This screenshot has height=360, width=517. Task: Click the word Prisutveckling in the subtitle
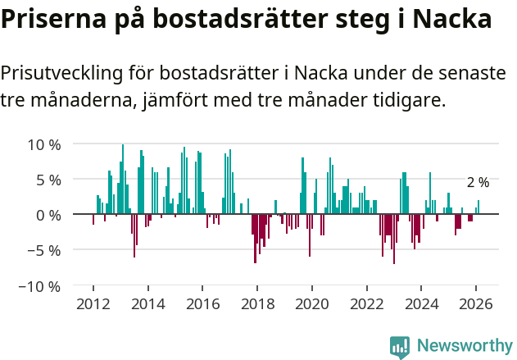[x=62, y=72]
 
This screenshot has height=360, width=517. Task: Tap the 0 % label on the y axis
[x=48, y=215]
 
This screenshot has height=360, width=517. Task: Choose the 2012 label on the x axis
[x=93, y=303]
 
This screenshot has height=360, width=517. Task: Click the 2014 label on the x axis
[x=147, y=303]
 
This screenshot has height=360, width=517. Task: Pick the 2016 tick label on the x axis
[x=202, y=303]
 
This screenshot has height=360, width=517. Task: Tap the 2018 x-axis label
[x=257, y=303]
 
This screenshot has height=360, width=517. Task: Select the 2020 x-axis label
[x=312, y=303]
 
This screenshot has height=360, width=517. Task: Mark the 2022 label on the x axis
[x=367, y=303]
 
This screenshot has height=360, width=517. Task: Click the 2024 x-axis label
[x=422, y=303]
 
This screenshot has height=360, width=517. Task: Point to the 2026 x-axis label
[x=476, y=303]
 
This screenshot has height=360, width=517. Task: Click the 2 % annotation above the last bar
[x=478, y=182]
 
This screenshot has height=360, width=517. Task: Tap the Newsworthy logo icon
[x=400, y=346]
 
